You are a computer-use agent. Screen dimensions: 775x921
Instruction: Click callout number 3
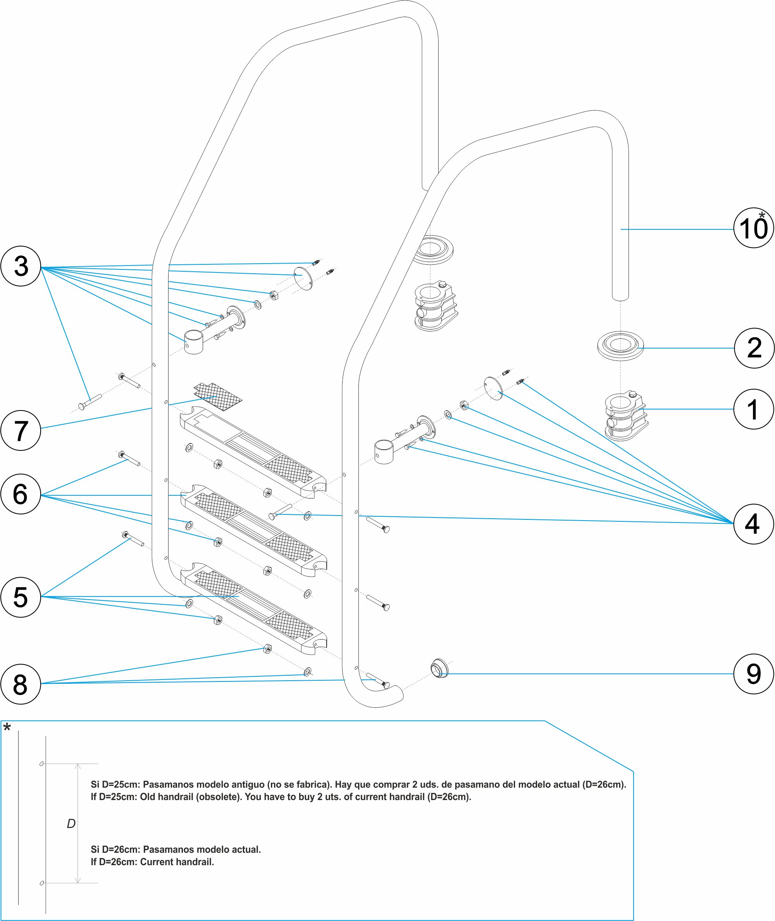click(21, 266)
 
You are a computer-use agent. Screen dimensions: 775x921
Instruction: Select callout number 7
click(21, 430)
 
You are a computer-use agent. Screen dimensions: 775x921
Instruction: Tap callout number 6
click(21, 493)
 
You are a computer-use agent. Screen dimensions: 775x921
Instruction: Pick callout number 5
click(21, 597)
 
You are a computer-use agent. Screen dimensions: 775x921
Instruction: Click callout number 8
click(21, 684)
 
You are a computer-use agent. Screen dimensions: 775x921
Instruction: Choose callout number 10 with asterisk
click(753, 228)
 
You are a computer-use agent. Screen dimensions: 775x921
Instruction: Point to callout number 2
click(754, 348)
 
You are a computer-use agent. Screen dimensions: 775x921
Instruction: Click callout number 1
click(753, 409)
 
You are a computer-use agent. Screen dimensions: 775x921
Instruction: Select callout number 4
click(753, 524)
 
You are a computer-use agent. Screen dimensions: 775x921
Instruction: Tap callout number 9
click(753, 674)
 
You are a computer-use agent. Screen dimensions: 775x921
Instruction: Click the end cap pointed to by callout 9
click(439, 668)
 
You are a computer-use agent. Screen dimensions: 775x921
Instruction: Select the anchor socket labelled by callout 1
click(626, 415)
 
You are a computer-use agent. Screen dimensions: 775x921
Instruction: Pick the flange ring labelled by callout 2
click(620, 346)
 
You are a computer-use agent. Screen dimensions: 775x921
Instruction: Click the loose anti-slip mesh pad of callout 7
click(218, 396)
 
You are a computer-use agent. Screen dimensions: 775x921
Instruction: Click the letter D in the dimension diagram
click(71, 823)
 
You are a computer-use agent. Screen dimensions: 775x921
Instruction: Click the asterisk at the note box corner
click(7, 728)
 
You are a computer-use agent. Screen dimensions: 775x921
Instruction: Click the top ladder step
click(253, 453)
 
